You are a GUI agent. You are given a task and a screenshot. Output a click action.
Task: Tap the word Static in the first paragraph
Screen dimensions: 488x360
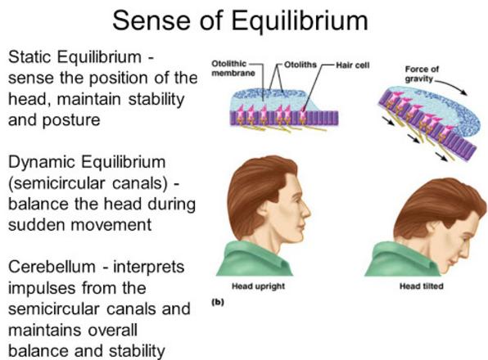point(30,57)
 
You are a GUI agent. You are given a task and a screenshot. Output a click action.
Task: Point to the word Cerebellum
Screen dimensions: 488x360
point(52,267)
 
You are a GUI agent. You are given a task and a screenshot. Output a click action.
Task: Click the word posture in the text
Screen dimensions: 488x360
point(71,121)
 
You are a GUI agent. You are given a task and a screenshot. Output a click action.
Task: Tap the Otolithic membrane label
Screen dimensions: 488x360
point(233,69)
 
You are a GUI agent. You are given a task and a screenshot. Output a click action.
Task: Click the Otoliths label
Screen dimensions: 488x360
point(300,65)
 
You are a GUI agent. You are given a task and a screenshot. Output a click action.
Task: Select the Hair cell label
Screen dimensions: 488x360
point(353,65)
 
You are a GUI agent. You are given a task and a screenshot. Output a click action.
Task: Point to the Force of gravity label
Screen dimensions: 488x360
point(421,74)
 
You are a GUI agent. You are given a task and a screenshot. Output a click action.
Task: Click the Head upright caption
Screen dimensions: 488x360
point(258,286)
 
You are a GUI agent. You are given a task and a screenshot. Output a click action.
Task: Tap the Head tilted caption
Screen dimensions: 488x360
point(422,286)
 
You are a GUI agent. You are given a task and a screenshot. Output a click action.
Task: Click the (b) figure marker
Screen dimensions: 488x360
point(218,302)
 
